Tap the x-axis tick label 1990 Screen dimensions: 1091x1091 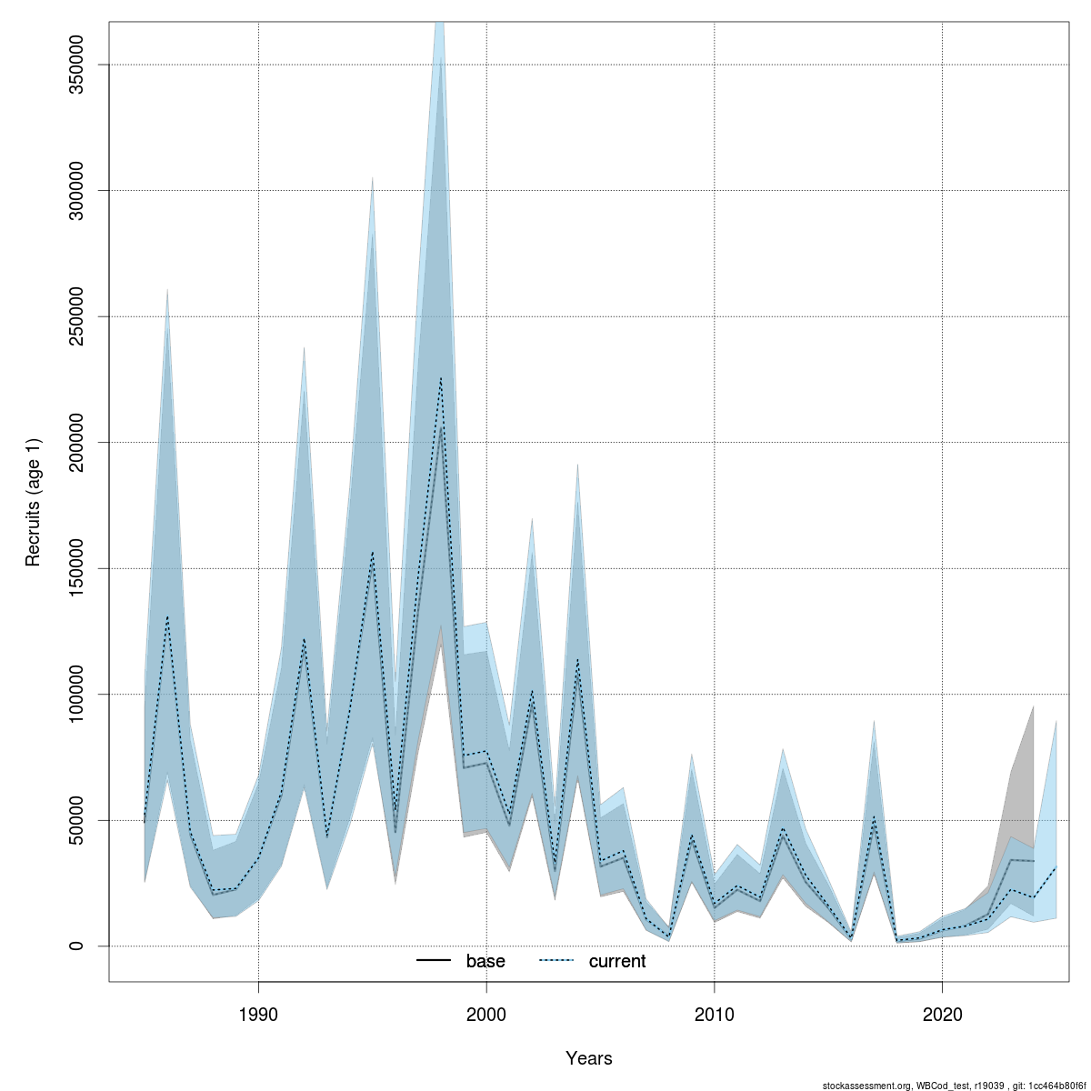259,1013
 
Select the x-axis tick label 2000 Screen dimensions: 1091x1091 486,1013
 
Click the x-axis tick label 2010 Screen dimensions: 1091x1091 715,1013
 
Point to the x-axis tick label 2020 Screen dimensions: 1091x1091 942,1013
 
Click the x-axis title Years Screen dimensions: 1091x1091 589,1058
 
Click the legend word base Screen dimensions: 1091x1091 485,961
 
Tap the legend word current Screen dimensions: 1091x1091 617,961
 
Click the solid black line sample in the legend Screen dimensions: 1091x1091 434,961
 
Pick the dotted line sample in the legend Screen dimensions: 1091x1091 556,961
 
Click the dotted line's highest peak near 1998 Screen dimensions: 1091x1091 441,378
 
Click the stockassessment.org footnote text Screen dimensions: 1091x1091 955,1086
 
